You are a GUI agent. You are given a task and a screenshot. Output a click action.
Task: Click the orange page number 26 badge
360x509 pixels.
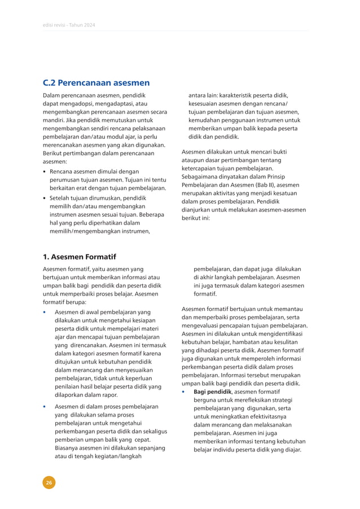point(50,482)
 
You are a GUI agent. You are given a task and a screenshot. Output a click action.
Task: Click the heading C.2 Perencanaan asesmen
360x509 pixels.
point(96,82)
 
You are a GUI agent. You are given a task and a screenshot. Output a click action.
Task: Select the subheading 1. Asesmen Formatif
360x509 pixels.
point(80,257)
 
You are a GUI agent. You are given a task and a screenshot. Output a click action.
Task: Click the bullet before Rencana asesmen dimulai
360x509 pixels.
point(45,170)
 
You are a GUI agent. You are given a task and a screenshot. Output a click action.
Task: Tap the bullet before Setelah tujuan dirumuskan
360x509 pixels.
point(45,198)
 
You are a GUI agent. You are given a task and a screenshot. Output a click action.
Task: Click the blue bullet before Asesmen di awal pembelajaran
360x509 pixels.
point(45,312)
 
